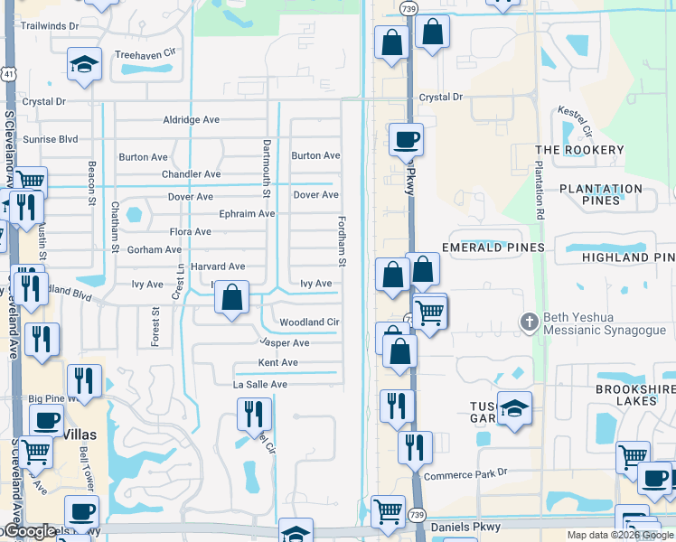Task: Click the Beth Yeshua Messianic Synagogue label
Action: click(x=597, y=324)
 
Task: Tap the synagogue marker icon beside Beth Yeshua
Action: click(x=530, y=320)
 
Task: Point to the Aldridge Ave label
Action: click(x=191, y=119)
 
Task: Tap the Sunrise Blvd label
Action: click(x=50, y=139)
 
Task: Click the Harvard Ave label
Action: click(x=218, y=266)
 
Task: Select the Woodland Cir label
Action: click(x=309, y=322)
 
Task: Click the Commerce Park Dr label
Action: click(x=466, y=473)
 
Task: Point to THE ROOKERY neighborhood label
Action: click(x=579, y=150)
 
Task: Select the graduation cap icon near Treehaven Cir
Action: click(x=84, y=63)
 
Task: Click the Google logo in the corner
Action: click(x=28, y=532)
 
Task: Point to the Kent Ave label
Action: click(x=277, y=363)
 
